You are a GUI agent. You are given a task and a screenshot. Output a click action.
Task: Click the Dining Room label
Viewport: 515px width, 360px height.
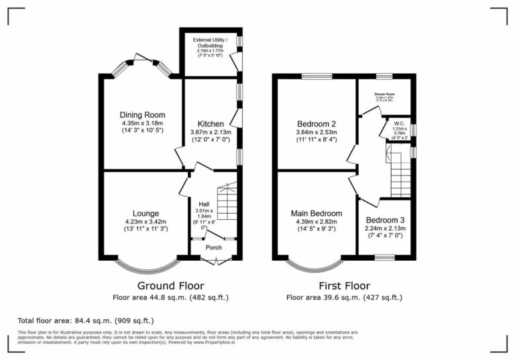[x=142, y=115]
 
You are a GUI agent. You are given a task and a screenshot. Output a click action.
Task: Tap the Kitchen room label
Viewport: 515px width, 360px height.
[x=211, y=124]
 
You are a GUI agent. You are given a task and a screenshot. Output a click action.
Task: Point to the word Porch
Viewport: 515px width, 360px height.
[x=214, y=247]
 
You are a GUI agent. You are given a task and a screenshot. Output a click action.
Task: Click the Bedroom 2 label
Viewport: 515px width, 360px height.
[x=317, y=124]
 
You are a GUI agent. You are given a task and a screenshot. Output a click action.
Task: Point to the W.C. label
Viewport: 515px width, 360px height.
[x=398, y=123]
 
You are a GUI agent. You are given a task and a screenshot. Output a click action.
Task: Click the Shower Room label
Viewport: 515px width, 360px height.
[x=385, y=95]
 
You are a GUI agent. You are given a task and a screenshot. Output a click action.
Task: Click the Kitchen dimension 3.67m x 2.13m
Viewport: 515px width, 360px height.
[x=211, y=133]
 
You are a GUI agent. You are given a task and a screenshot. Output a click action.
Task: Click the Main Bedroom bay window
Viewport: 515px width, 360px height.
[x=315, y=264]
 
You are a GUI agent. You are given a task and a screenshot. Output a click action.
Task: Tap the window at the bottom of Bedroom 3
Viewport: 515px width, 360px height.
[x=384, y=257]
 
